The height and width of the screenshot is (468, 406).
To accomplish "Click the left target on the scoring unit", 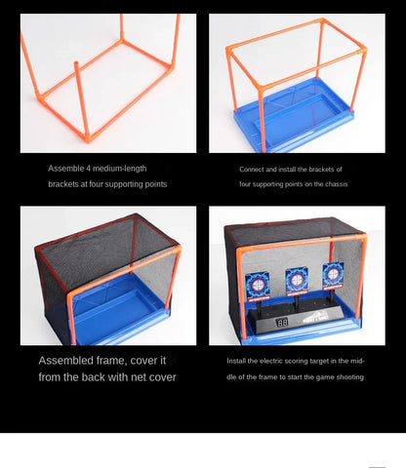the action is tap(257, 286).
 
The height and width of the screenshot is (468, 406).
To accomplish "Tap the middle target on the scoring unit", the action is tap(297, 281).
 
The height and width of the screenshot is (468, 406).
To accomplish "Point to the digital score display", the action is tap(282, 323).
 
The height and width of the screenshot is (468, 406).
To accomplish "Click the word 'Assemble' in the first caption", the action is tap(66, 169).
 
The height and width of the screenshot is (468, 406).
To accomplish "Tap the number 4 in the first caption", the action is tap(88, 169).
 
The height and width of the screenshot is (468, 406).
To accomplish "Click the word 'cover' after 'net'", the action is tap(163, 377).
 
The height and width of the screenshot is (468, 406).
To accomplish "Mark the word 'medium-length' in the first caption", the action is tap(119, 169).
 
